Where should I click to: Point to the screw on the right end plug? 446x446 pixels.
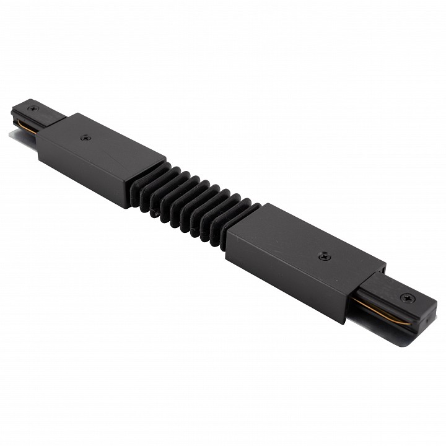(x=407, y=298)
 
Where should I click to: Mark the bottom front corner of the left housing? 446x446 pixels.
(x=129, y=207)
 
